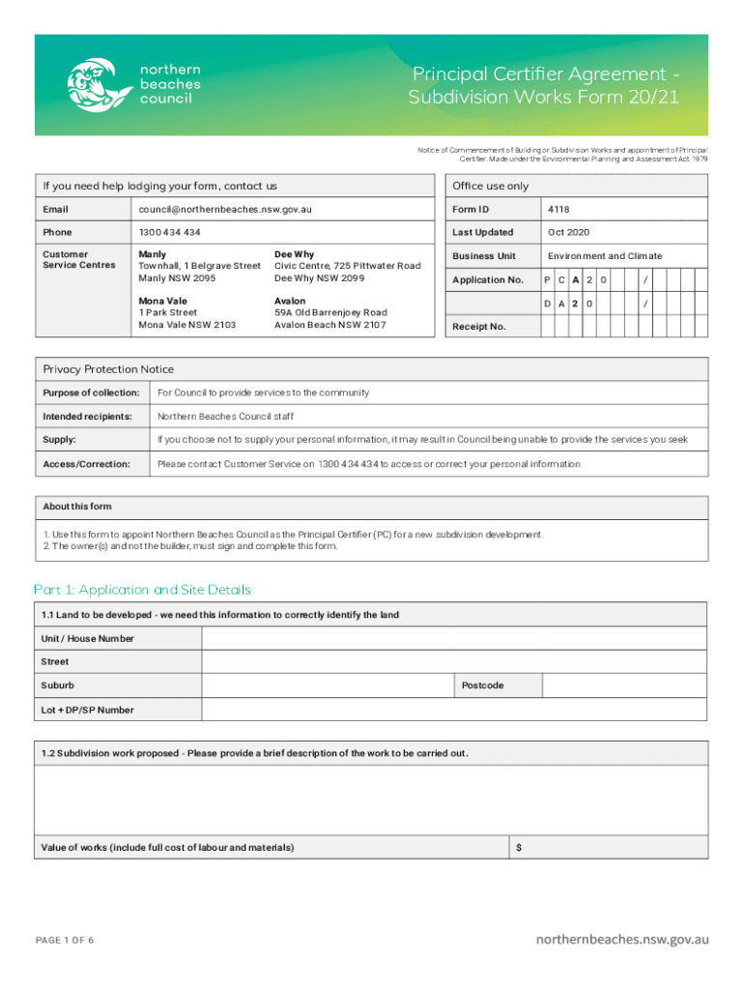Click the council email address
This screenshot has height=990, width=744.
pyautogui.click(x=225, y=209)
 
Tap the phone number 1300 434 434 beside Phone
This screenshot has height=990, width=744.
pyautogui.click(x=170, y=233)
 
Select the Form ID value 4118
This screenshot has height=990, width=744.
pyautogui.click(x=558, y=209)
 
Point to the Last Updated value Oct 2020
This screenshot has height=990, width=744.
pyautogui.click(x=568, y=233)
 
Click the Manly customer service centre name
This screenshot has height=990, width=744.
pyautogui.click(x=153, y=254)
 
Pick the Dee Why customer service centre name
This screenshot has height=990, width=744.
pyautogui.click(x=294, y=254)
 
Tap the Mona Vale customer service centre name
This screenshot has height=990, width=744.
pyautogui.click(x=163, y=301)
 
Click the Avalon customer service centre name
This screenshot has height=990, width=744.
pyautogui.click(x=292, y=301)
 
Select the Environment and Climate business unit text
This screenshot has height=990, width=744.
pyautogui.click(x=605, y=256)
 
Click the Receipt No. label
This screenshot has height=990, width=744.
pyautogui.click(x=479, y=327)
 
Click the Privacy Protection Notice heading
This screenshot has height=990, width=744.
pyautogui.click(x=108, y=369)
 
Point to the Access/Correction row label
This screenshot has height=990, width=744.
pyautogui.click(x=85, y=464)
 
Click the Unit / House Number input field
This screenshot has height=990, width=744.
pyautogui.click(x=454, y=638)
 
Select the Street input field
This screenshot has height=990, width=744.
pyautogui.click(x=454, y=662)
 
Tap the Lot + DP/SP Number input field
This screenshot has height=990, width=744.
pyautogui.click(x=454, y=710)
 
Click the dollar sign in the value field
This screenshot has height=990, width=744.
pyautogui.click(x=520, y=848)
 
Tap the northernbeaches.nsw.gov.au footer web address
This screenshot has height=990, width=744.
pyautogui.click(x=623, y=939)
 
